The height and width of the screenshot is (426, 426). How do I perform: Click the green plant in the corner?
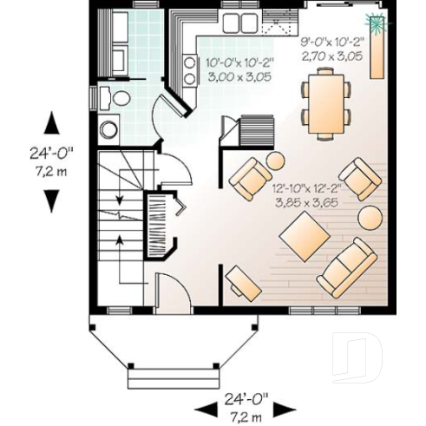(x=377, y=23)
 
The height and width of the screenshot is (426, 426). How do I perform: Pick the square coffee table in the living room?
(x=305, y=236)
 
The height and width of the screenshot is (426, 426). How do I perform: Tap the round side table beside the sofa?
(x=372, y=217)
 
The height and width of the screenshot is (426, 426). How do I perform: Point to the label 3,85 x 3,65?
(x=305, y=201)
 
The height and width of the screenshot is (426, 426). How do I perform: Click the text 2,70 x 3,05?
(x=331, y=56)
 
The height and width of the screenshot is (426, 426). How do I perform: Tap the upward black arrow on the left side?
(x=53, y=122)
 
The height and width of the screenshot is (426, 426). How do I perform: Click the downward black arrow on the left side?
(x=53, y=199)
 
